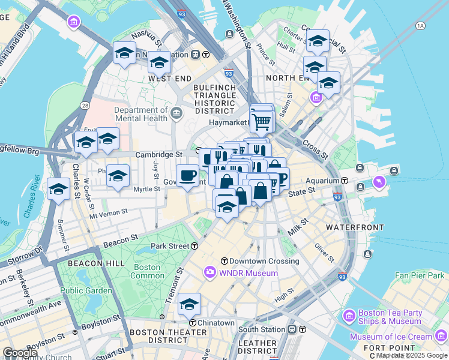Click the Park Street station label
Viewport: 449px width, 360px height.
[x=170, y=246]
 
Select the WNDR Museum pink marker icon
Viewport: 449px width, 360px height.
[x=210, y=273]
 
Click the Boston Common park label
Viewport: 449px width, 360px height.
[x=147, y=271]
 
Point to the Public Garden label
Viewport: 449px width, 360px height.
[x=86, y=290]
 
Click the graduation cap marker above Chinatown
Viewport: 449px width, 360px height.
[x=189, y=304]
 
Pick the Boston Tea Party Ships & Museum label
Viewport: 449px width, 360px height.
[x=390, y=317]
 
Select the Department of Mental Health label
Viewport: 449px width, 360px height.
[x=142, y=114]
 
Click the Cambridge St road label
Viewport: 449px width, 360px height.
[x=158, y=154]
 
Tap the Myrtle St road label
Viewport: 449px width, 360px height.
[x=147, y=189]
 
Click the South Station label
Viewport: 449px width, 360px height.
[x=261, y=329]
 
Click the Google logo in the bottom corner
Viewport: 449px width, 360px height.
[x=20, y=353]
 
